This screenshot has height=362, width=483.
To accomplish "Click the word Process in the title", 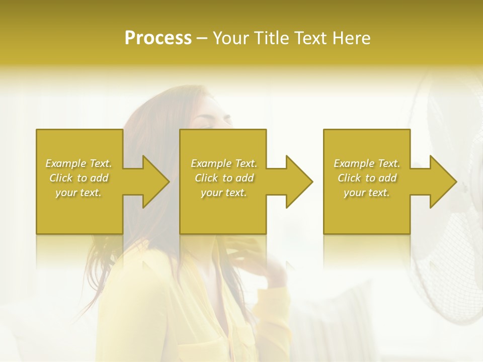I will [x=158, y=38].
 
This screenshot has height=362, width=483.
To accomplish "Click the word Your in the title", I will [x=231, y=38].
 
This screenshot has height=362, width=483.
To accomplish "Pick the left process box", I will [x=79, y=211].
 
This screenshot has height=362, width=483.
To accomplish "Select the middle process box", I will [x=223, y=211].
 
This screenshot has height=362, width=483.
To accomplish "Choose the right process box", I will [x=366, y=211].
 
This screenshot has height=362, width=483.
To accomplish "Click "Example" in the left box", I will [x=65, y=163].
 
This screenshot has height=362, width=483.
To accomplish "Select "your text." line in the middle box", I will [x=223, y=193].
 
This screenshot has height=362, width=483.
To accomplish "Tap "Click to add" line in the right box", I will [x=367, y=178].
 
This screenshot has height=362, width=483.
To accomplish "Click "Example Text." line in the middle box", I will [x=223, y=163].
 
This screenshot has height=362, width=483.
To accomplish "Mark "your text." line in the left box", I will [x=78, y=193].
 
